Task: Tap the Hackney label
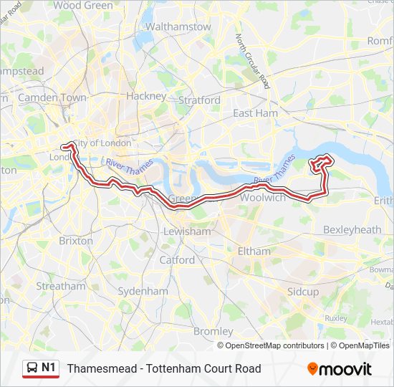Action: click(x=146, y=95)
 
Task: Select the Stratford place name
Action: click(x=199, y=100)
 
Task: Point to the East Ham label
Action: click(x=255, y=113)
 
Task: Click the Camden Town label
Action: click(x=52, y=97)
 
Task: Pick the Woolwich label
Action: click(x=262, y=197)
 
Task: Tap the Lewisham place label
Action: click(x=187, y=231)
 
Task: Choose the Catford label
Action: click(x=177, y=259)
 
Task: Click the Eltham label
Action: click(x=254, y=252)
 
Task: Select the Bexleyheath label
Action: click(x=352, y=229)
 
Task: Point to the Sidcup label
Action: click(x=302, y=292)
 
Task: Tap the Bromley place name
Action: click(x=213, y=331)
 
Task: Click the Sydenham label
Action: click(x=143, y=291)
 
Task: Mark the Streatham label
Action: click(x=61, y=286)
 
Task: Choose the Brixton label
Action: click(x=76, y=241)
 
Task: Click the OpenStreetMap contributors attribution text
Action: click(x=274, y=345)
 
